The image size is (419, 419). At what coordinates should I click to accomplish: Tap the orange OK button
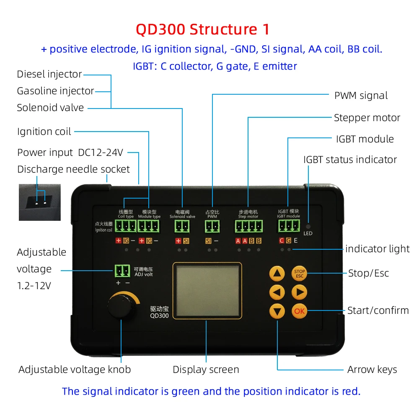[x=299, y=311]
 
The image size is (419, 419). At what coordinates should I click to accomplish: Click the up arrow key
[x=277, y=274]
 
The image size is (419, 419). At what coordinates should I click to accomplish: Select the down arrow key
[x=277, y=311]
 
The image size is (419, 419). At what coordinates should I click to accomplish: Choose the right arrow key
[x=299, y=292]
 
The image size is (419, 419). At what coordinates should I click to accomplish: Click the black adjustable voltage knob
[x=122, y=308]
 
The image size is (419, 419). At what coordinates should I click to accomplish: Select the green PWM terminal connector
[x=212, y=227]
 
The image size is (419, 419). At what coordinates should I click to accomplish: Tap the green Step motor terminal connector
[x=248, y=227]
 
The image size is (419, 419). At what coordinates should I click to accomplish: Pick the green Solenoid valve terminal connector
[x=182, y=227]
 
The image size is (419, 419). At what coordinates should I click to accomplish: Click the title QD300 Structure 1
[x=203, y=29]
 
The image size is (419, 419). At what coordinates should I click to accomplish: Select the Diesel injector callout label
[x=49, y=75]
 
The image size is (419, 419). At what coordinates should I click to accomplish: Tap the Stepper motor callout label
[x=367, y=118]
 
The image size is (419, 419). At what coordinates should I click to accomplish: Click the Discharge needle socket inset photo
[x=40, y=202]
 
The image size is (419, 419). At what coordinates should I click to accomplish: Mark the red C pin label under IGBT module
[x=282, y=241]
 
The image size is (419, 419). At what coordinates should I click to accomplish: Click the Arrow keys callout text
[x=372, y=370]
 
